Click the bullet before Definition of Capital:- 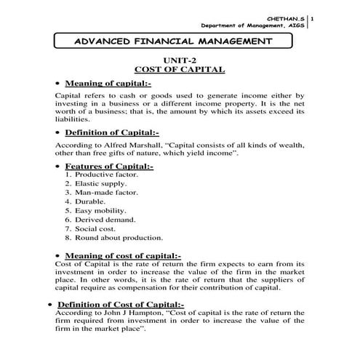[x=57, y=134]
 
